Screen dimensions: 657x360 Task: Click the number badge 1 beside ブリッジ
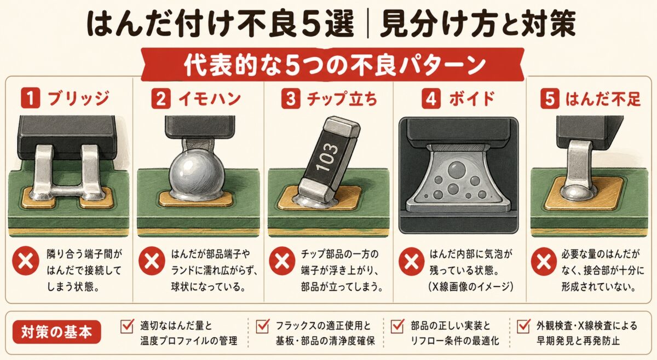(x=31, y=98)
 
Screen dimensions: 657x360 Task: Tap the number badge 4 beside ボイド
(x=431, y=99)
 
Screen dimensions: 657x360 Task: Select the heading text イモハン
(x=210, y=99)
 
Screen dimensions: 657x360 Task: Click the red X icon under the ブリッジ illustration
(x=26, y=260)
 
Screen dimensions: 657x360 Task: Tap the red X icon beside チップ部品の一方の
(x=282, y=260)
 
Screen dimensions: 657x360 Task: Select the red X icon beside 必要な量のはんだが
(x=544, y=261)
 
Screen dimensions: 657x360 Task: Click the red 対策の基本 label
(x=56, y=332)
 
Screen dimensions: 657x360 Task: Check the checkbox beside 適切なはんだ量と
(x=127, y=326)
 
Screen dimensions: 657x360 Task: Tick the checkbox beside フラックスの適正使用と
(x=262, y=326)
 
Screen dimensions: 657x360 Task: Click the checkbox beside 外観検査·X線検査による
(x=524, y=326)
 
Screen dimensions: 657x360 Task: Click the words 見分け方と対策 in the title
(x=477, y=24)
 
